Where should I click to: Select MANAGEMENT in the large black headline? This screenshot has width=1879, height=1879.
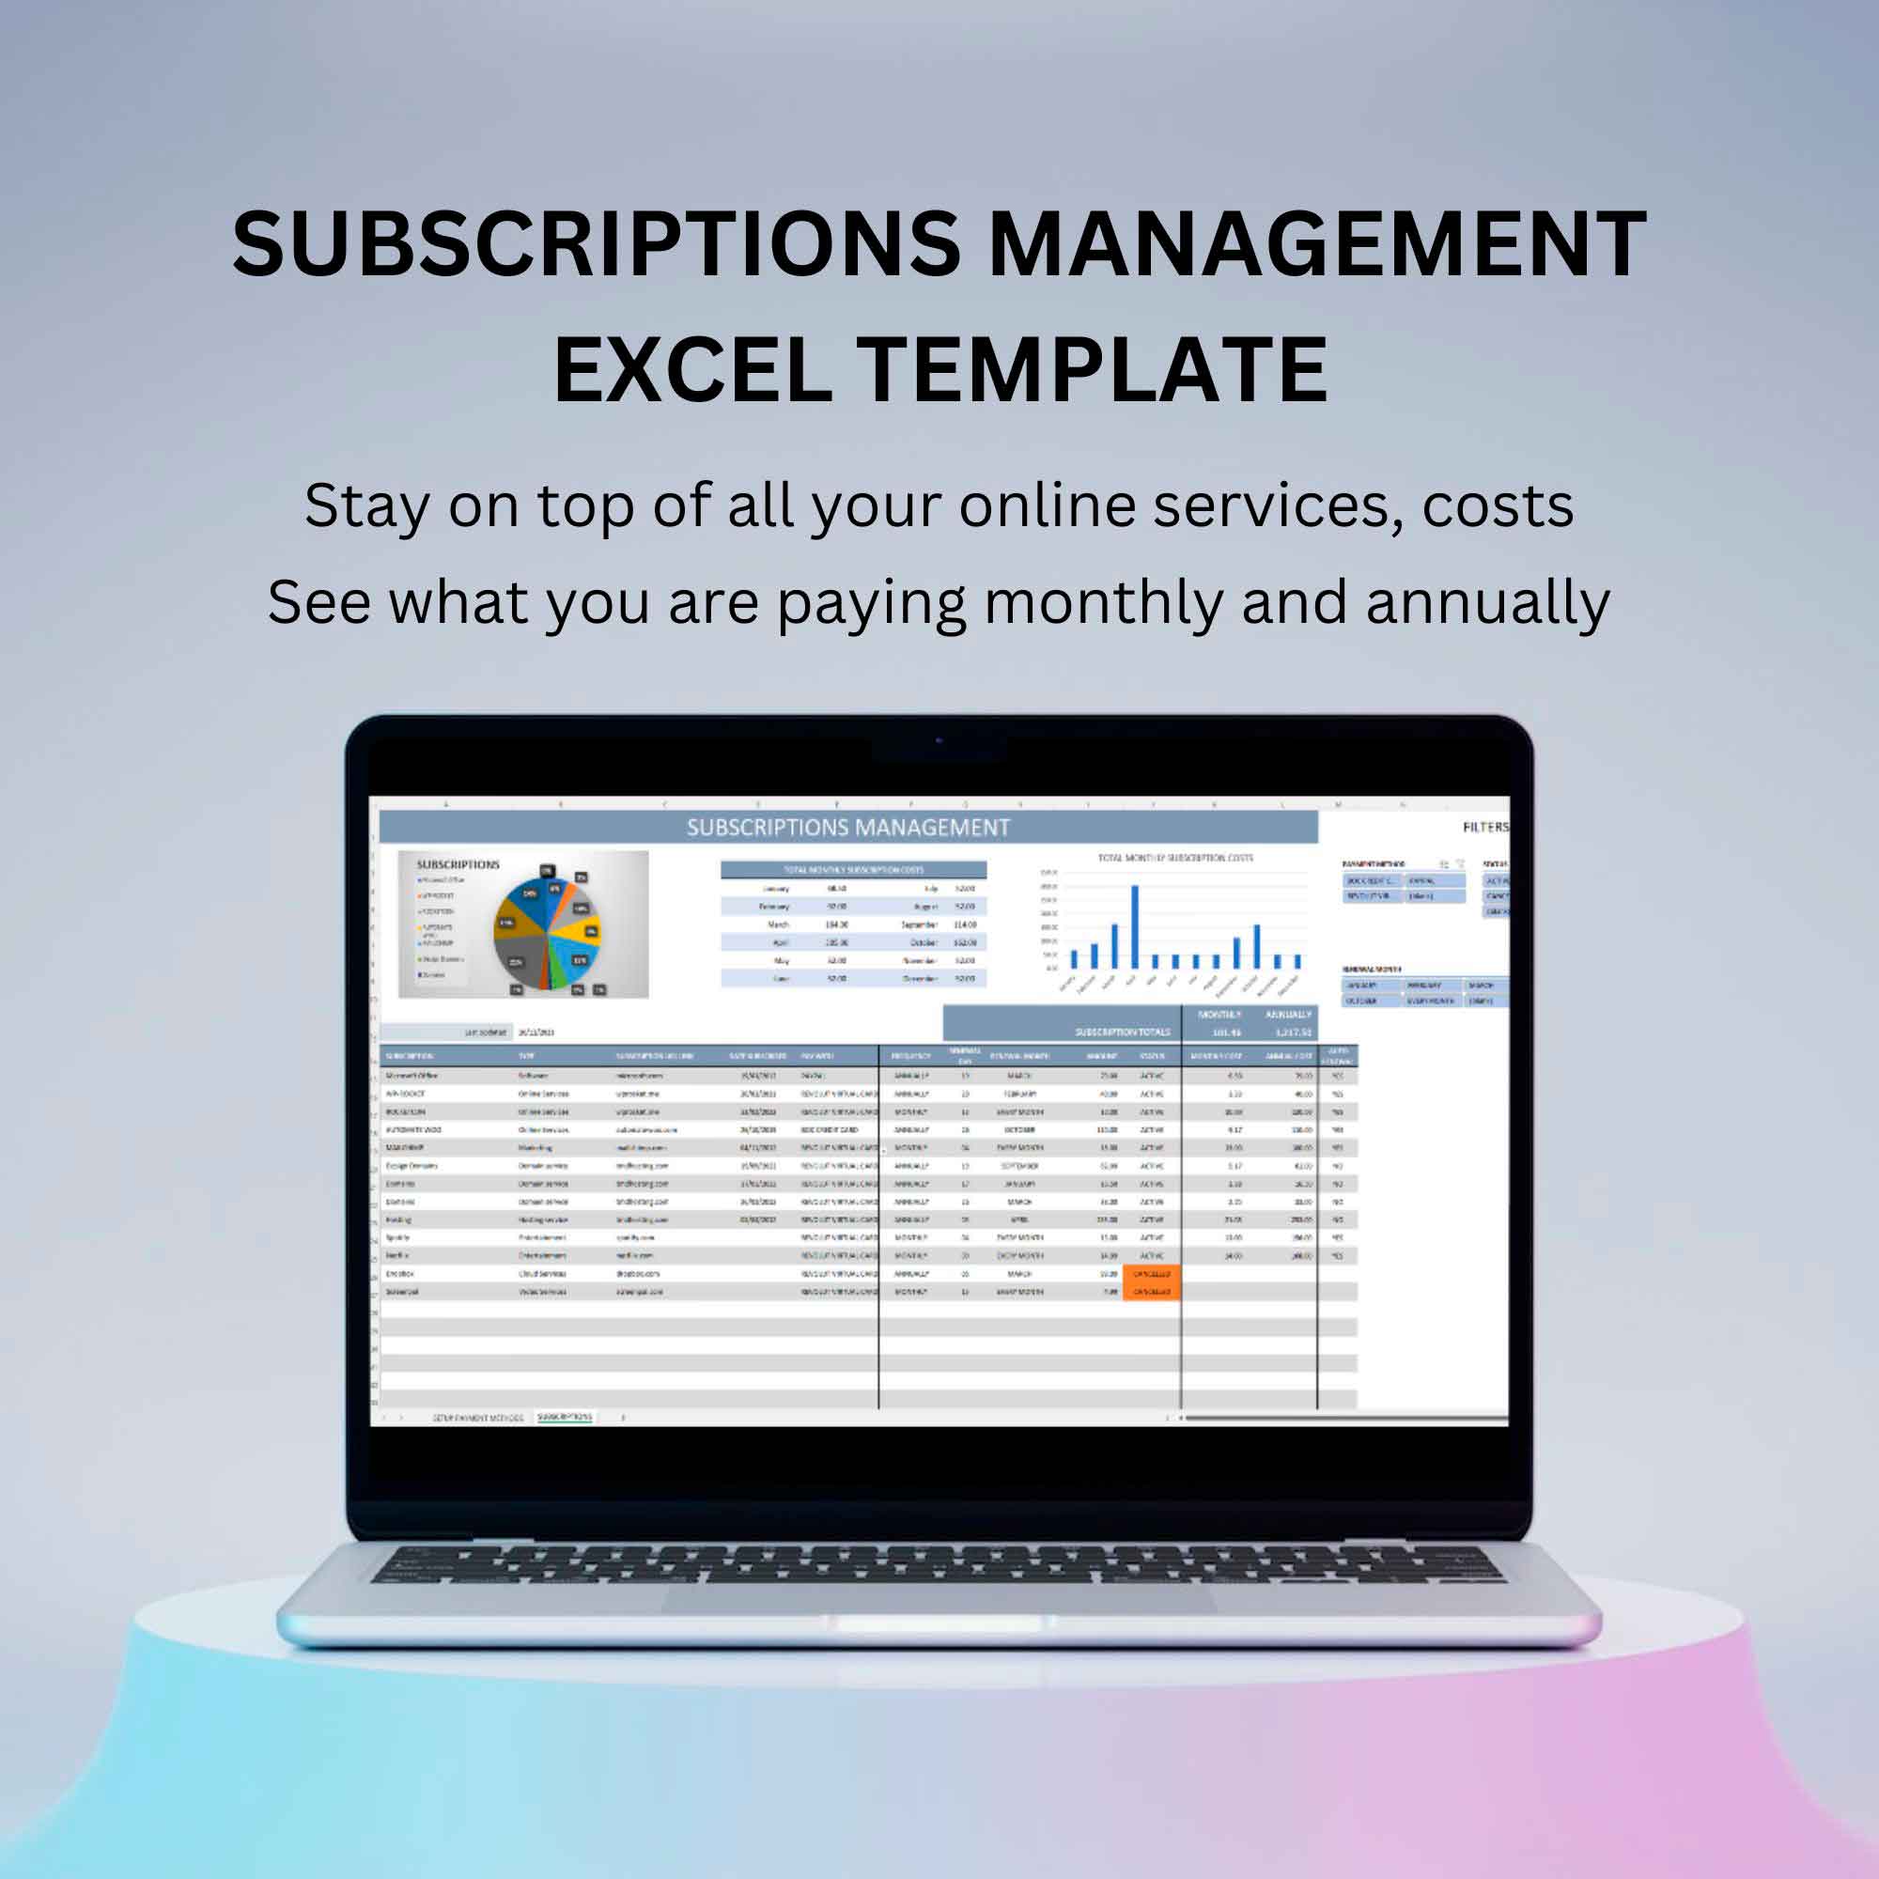tap(1316, 245)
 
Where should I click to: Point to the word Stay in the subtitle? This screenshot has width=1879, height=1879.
tap(365, 507)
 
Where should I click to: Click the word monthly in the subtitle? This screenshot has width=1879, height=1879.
tap(1103, 604)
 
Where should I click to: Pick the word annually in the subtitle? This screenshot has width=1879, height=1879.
tap(1488, 604)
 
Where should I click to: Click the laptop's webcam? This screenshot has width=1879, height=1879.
tap(939, 741)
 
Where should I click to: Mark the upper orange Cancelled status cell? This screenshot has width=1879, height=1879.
tap(1151, 1273)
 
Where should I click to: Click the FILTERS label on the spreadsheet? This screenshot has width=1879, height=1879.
tap(1485, 827)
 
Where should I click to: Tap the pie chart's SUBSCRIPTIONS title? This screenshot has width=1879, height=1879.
tap(458, 863)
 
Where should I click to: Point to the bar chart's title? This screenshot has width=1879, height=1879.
tap(1175, 858)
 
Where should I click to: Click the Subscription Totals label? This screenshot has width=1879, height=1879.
tap(1123, 1032)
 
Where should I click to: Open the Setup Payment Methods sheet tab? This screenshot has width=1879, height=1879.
tap(477, 1418)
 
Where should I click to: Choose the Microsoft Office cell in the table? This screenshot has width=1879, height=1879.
tap(412, 1076)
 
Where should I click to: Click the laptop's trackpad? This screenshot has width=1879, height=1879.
tap(939, 1600)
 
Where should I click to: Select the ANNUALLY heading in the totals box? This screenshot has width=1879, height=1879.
tap(1288, 1015)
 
